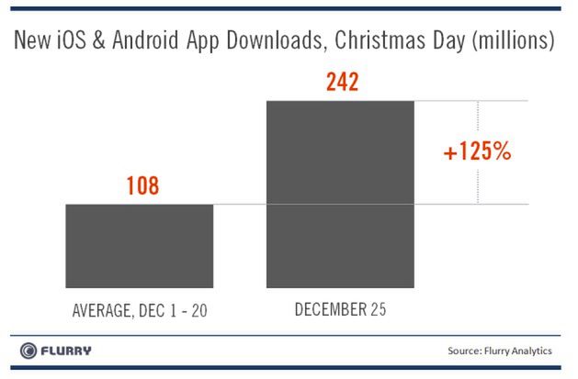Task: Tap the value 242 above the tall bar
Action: (340, 83)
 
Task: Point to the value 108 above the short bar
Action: (141, 186)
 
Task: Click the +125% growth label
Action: (477, 152)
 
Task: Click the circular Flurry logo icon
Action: (29, 351)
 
